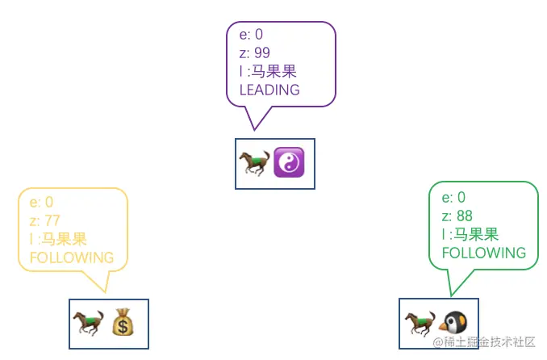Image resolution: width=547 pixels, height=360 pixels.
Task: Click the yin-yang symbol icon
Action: click(x=289, y=162)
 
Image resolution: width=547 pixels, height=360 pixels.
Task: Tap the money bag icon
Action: click(x=124, y=323)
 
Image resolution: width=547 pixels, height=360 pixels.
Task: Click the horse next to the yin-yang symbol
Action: click(x=254, y=162)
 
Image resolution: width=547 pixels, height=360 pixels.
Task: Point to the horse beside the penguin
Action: click(x=420, y=323)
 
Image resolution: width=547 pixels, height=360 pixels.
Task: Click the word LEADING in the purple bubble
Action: click(x=269, y=90)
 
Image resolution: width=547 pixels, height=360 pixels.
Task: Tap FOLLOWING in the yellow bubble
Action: click(x=72, y=257)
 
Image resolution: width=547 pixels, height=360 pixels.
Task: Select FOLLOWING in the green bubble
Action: click(x=484, y=253)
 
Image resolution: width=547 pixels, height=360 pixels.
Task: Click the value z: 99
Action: click(x=255, y=52)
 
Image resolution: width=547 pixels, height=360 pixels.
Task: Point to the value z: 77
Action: click(x=45, y=220)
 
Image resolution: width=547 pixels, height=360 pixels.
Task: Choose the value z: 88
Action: click(x=457, y=216)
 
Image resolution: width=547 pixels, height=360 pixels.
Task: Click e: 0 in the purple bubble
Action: click(x=251, y=34)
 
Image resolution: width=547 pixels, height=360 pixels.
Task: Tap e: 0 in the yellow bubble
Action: click(x=41, y=202)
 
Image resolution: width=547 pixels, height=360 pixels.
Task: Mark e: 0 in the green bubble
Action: click(x=453, y=197)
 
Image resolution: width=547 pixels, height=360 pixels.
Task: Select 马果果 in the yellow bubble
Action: click(x=65, y=239)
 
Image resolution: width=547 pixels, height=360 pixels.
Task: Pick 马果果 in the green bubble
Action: click(x=476, y=234)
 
